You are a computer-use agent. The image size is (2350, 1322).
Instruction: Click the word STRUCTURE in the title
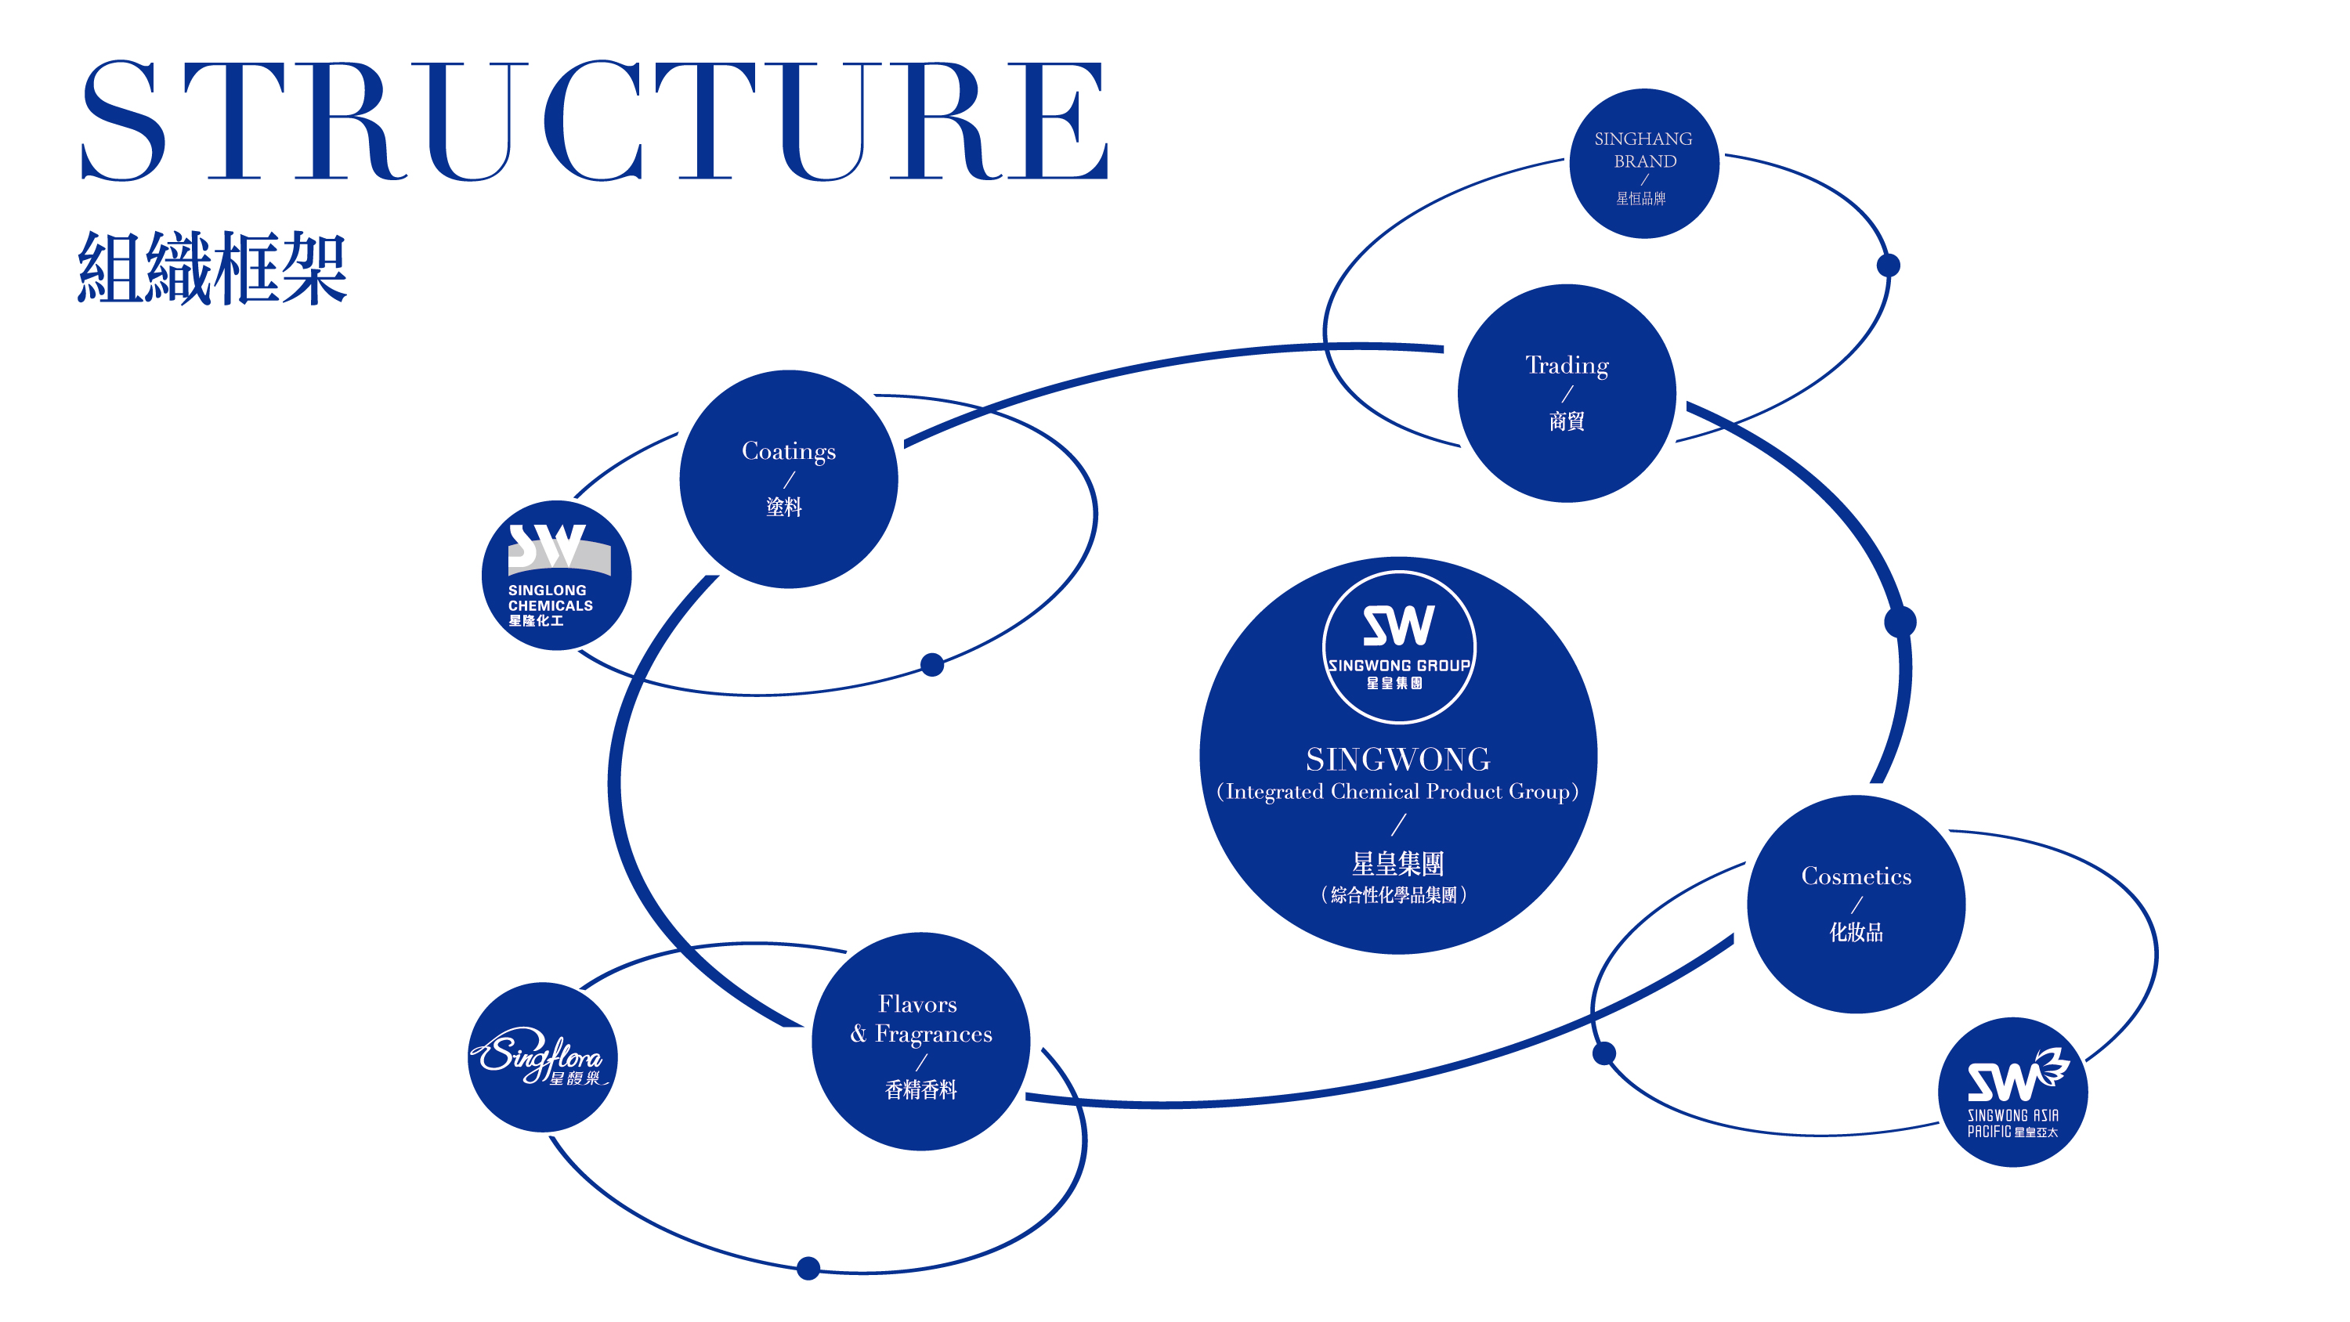[595, 121]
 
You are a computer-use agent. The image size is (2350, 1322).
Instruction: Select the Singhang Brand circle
[1644, 164]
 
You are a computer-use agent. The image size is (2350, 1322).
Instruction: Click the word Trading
[1567, 365]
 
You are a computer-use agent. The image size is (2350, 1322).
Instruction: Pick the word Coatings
[788, 450]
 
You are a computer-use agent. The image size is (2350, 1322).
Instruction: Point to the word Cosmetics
[1856, 876]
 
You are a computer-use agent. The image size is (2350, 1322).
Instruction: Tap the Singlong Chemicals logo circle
[555, 576]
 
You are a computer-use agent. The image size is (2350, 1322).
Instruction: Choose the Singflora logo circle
[543, 1057]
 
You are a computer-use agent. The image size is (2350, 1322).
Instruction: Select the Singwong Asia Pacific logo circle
[2012, 1092]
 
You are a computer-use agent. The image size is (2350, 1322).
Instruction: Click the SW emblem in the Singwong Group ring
[1398, 626]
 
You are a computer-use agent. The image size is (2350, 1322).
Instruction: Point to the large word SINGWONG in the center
[1397, 759]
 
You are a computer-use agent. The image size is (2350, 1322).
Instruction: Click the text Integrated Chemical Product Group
[1397, 791]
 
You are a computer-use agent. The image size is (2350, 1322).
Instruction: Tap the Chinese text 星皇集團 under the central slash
[1397, 863]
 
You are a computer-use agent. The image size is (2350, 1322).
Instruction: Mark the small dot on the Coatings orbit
[931, 664]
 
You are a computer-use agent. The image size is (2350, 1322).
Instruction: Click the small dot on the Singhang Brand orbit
[1889, 265]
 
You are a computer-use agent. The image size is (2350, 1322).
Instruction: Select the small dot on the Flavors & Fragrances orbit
[808, 1268]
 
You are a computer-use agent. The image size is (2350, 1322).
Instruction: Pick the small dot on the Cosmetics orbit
[1603, 1054]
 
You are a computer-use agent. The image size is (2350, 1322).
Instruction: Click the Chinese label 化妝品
[1856, 931]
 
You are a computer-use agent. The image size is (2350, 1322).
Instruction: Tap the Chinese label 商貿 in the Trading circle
[1567, 421]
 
